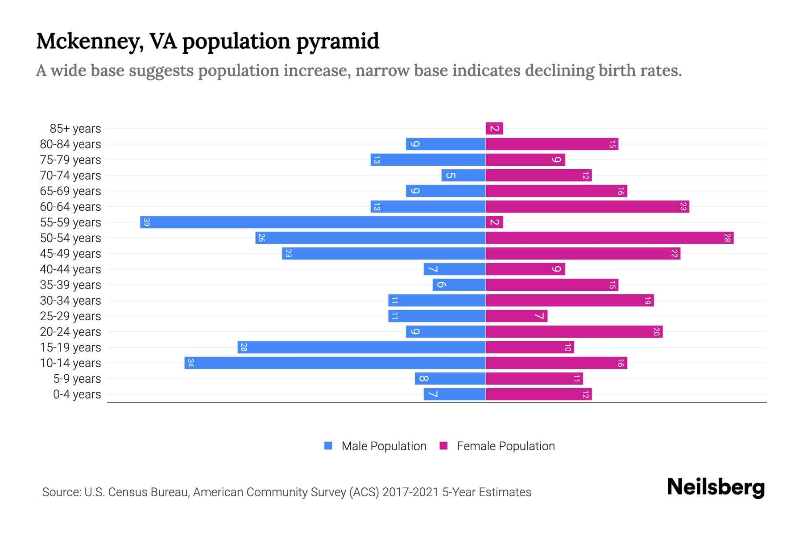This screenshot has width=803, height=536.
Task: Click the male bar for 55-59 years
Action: pos(312,222)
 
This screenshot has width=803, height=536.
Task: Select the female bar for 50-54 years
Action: pos(609,238)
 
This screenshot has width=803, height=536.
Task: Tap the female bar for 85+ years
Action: pos(494,128)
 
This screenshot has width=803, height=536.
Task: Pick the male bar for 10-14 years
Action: pos(335,363)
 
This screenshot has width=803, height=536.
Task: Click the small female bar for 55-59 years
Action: pos(494,222)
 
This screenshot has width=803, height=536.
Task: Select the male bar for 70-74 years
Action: pos(463,175)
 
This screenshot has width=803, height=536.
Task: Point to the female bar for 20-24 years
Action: pos(574,331)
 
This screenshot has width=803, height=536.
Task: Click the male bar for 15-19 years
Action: pos(361,347)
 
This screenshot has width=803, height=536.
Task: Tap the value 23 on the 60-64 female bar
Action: pos(683,206)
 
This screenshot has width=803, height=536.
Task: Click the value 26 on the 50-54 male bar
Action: pos(261,238)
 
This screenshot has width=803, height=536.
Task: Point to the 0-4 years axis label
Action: pos(77,394)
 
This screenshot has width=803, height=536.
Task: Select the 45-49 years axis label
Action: pos(70,254)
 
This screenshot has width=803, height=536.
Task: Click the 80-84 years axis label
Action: pos(70,144)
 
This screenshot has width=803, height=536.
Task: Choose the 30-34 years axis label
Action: pos(70,301)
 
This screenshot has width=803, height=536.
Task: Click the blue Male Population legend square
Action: pos(328,446)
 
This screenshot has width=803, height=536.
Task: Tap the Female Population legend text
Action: pos(505,446)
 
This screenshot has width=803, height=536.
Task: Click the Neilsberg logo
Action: pos(716,487)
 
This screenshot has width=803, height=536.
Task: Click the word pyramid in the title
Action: pos(337,41)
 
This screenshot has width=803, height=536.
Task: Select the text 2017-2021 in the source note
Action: pos(410,492)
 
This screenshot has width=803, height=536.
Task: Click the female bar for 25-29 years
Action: pos(516,316)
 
